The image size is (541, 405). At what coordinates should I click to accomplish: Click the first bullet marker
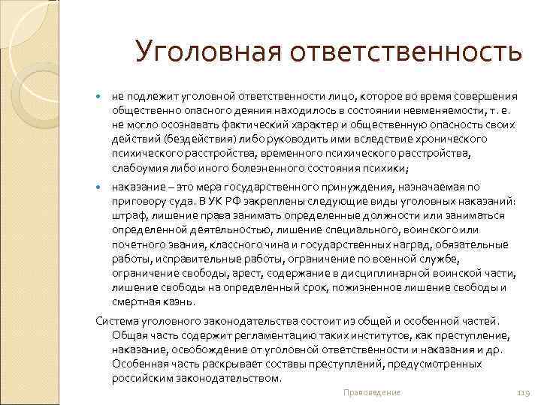pos(100,97)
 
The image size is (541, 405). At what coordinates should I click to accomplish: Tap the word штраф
pos(127,215)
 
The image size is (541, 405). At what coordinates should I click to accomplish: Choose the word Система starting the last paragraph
pos(115,321)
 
